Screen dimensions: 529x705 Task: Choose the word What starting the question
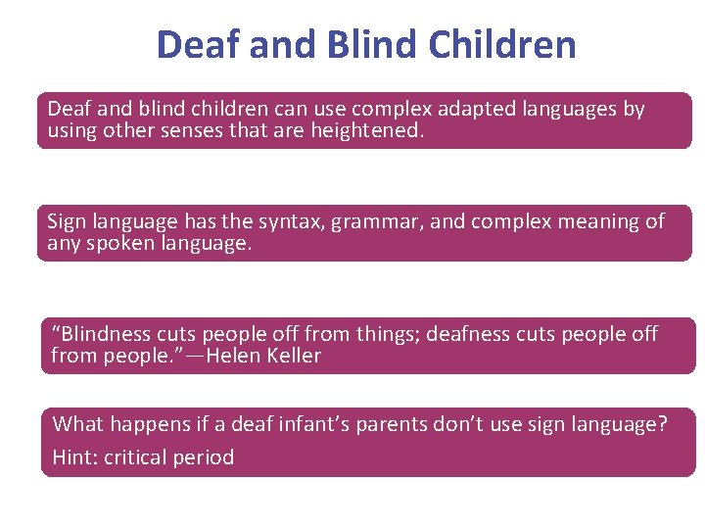click(77, 424)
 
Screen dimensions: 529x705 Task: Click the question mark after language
click(663, 424)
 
